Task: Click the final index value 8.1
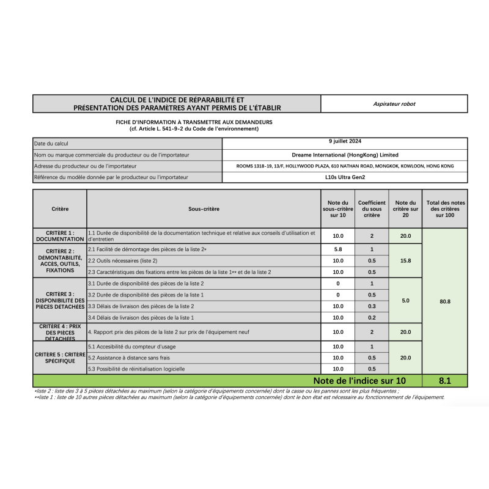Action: pos(445,381)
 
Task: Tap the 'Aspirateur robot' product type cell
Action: pos(394,104)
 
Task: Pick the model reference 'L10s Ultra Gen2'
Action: pos(345,177)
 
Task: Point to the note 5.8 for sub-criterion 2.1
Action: pos(338,249)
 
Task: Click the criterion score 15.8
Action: pos(405,261)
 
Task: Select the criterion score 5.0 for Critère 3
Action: pos(405,301)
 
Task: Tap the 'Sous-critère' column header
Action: pos(204,209)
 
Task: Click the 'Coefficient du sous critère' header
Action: pos(372,209)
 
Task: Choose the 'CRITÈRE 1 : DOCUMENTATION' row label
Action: pos(59,236)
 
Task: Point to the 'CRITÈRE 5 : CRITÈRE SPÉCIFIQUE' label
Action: pos(59,358)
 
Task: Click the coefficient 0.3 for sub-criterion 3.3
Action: pos(372,306)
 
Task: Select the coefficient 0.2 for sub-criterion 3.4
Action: pos(372,318)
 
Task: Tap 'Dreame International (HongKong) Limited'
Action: pos(345,155)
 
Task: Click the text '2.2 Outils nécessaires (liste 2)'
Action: pos(123,260)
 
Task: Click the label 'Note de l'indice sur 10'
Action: pos(359,381)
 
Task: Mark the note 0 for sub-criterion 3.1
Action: pos(338,284)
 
